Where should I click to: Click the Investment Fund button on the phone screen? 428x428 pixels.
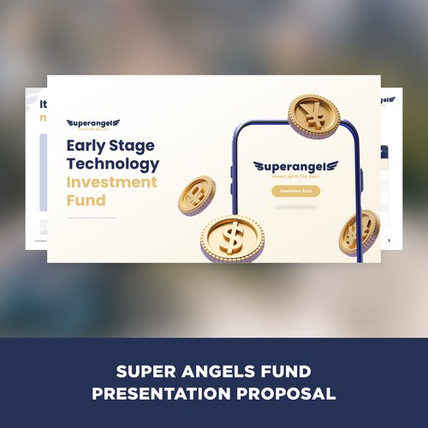tap(295, 191)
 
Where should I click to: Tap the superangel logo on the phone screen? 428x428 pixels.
tap(296, 167)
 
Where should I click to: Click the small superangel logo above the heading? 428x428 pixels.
tap(92, 124)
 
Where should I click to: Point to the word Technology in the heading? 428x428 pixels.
tap(112, 163)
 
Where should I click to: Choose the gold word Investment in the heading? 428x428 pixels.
tap(111, 182)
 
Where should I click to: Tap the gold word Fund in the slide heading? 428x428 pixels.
tap(86, 201)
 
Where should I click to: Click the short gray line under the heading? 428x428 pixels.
tap(92, 217)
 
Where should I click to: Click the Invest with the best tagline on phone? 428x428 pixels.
tap(296, 175)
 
